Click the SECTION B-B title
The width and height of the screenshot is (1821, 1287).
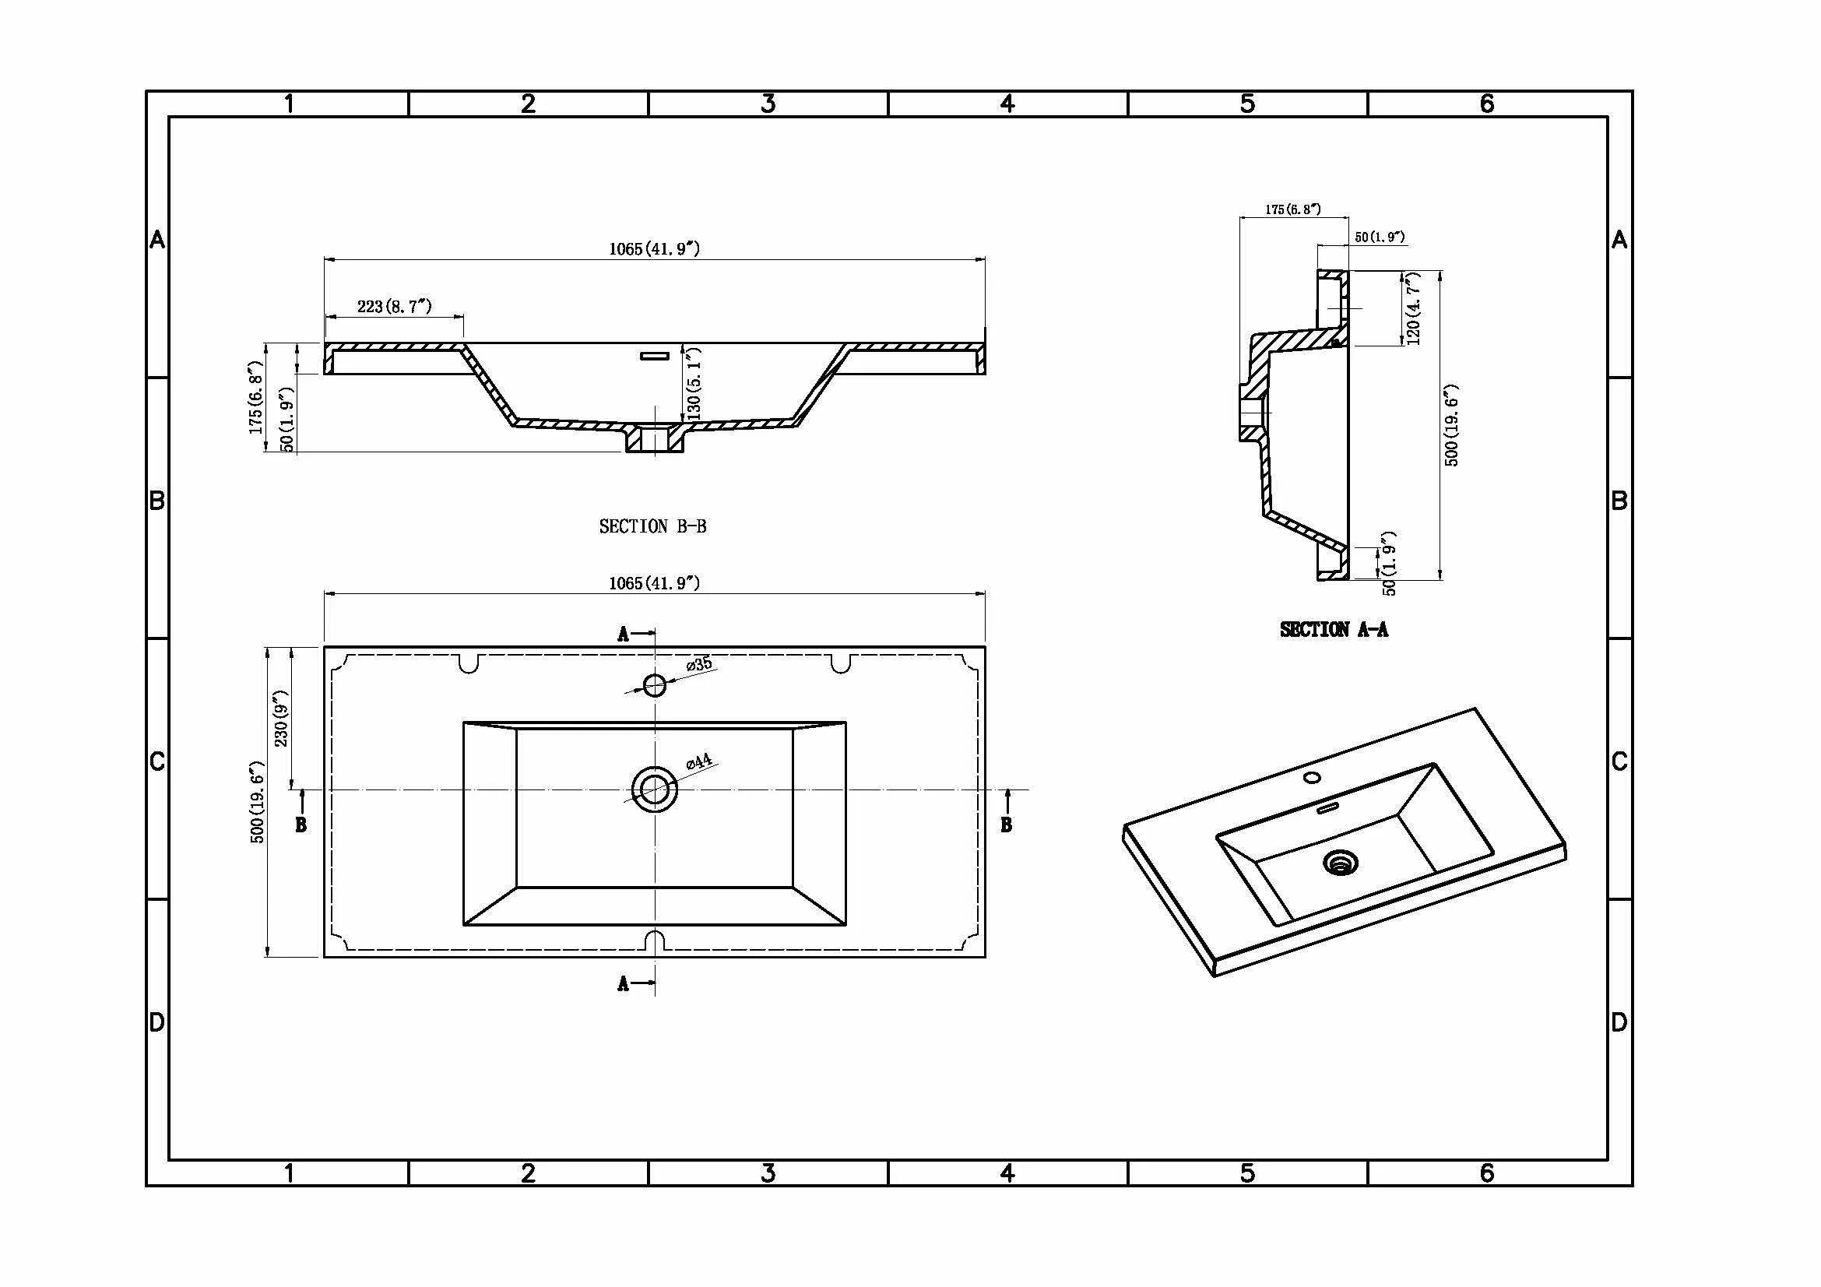(x=652, y=526)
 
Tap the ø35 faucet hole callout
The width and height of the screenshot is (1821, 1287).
(x=698, y=664)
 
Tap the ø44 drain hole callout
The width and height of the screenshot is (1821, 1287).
(x=698, y=762)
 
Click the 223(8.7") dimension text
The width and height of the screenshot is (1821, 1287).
(x=394, y=306)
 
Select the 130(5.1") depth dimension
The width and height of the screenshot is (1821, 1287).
(x=694, y=384)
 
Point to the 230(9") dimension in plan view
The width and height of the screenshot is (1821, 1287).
(x=281, y=718)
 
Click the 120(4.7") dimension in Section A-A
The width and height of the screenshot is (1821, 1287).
(x=1412, y=308)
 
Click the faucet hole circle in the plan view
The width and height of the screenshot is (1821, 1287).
(x=654, y=685)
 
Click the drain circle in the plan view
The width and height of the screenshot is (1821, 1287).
(x=654, y=789)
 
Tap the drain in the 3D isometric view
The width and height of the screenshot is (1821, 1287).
(x=1341, y=863)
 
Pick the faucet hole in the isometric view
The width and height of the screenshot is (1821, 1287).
(x=1313, y=777)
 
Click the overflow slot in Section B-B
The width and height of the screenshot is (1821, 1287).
(x=654, y=356)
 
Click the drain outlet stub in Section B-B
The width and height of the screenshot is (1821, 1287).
(x=654, y=439)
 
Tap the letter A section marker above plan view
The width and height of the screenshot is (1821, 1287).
(x=624, y=635)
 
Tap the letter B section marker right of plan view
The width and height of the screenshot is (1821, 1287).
(x=1006, y=825)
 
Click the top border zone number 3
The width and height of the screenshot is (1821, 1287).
(x=768, y=104)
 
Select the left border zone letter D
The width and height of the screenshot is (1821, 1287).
(x=157, y=1022)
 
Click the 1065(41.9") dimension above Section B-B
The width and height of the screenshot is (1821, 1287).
(x=654, y=249)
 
